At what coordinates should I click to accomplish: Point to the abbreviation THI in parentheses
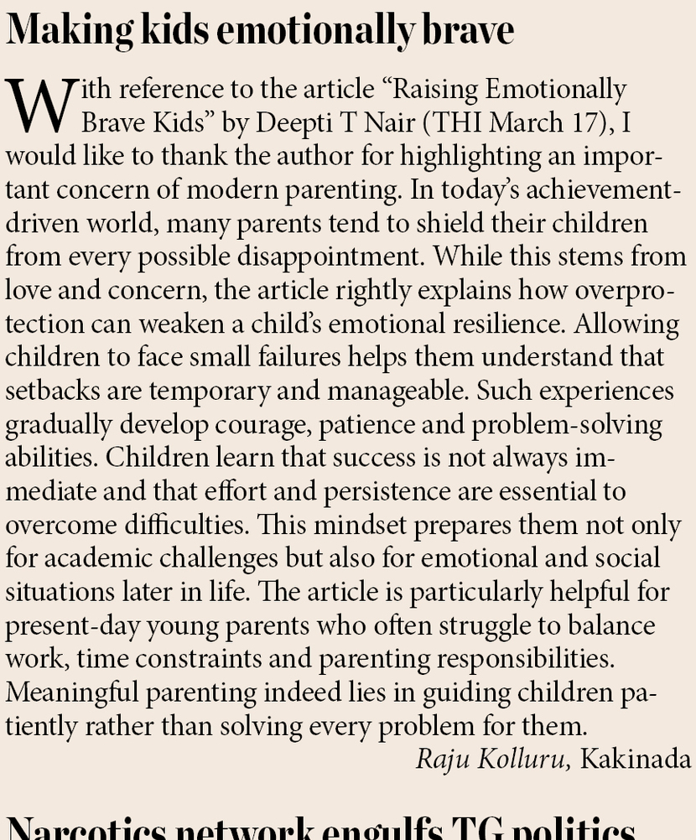(459, 122)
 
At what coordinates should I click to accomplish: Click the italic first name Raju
(444, 760)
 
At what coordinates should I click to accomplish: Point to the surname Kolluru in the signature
(526, 760)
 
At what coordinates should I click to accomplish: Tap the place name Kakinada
(636, 760)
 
